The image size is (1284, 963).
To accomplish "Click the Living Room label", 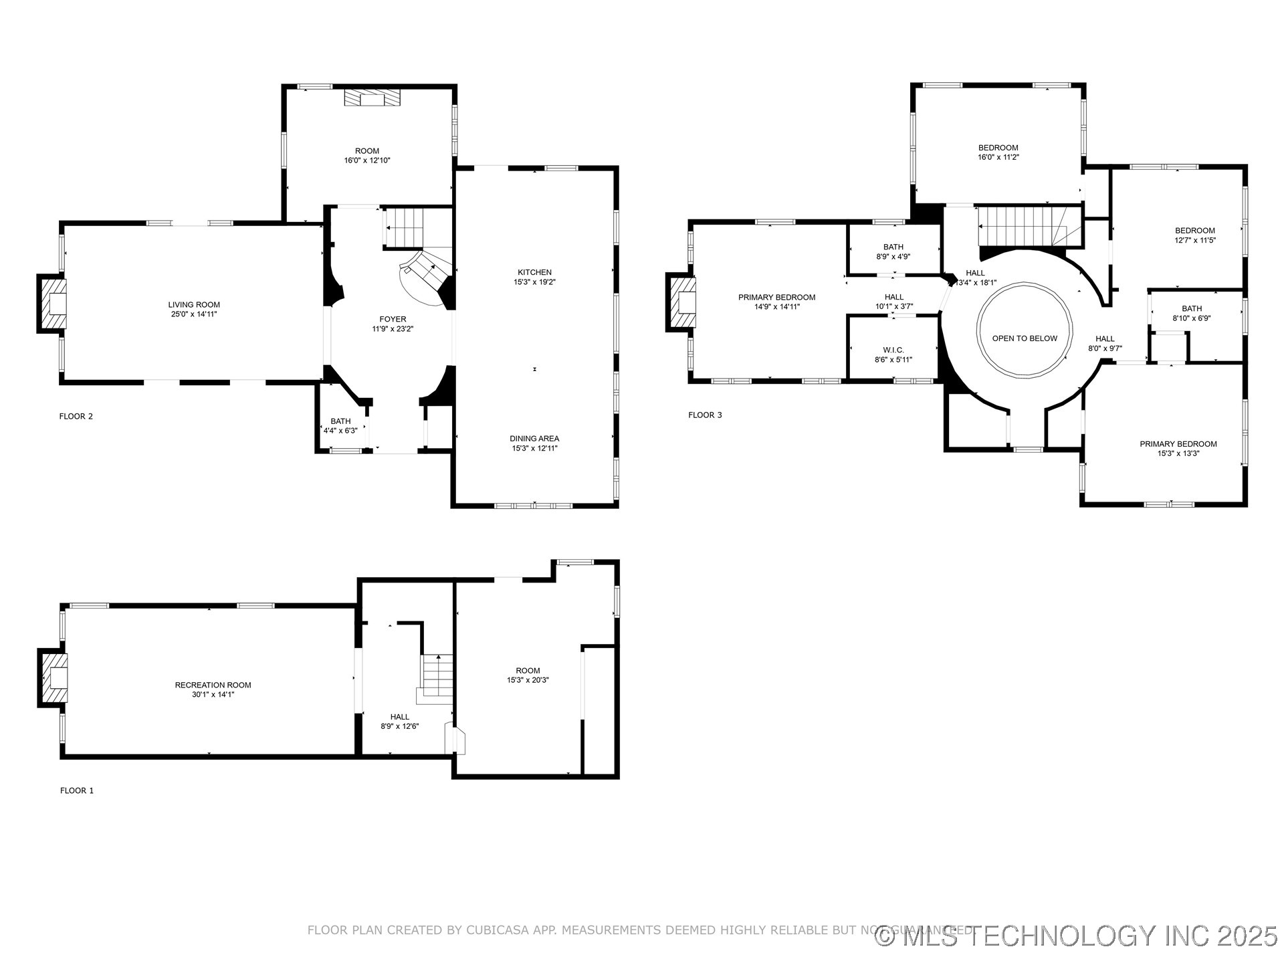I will (194, 309).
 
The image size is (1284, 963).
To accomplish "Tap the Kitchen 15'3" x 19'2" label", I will (534, 277).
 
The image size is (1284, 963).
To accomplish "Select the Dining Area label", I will (534, 443).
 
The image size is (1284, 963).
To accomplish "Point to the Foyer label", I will (393, 324).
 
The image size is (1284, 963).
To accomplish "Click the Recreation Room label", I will (213, 689).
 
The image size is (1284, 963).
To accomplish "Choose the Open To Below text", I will (1025, 338).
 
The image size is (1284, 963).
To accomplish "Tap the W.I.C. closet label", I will (893, 354).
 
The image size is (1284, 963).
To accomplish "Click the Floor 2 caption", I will (76, 416).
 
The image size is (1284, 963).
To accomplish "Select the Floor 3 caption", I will (705, 415).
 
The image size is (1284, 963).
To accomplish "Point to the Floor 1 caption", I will (77, 790).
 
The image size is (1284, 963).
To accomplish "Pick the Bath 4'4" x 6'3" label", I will (340, 426).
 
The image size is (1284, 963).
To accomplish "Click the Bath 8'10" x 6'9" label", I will (1191, 313).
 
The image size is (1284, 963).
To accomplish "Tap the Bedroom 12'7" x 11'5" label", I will (1194, 235).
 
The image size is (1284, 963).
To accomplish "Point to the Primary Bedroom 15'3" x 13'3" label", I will (1178, 448).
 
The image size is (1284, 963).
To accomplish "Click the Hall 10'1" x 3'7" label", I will (894, 302).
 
